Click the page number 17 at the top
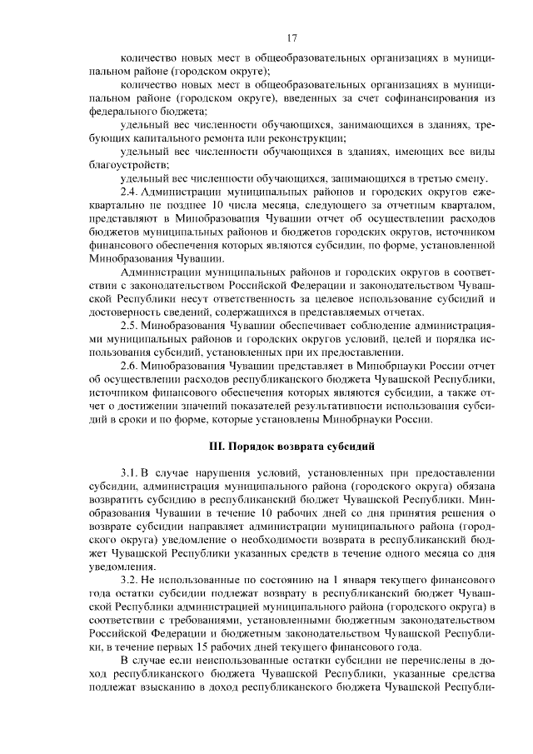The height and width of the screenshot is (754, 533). tap(292, 37)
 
